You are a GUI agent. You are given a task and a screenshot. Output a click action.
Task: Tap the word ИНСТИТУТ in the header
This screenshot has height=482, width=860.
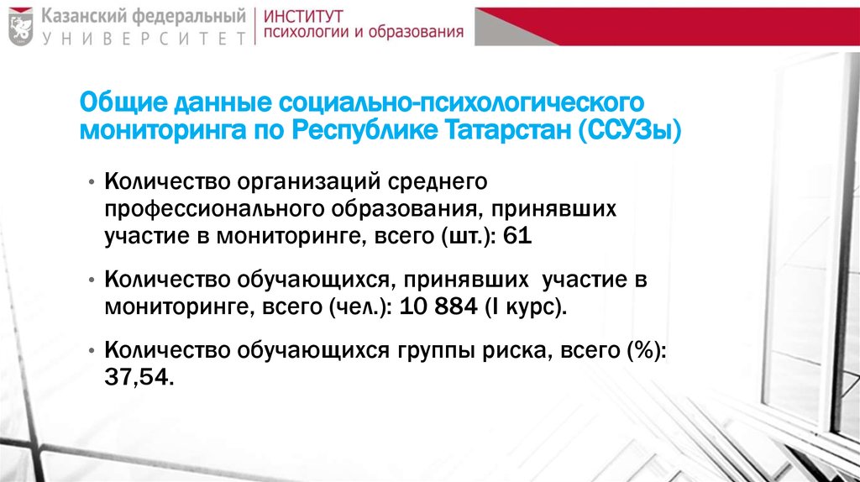click(307, 16)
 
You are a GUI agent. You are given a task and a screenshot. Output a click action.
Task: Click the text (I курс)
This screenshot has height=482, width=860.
click(526, 306)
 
